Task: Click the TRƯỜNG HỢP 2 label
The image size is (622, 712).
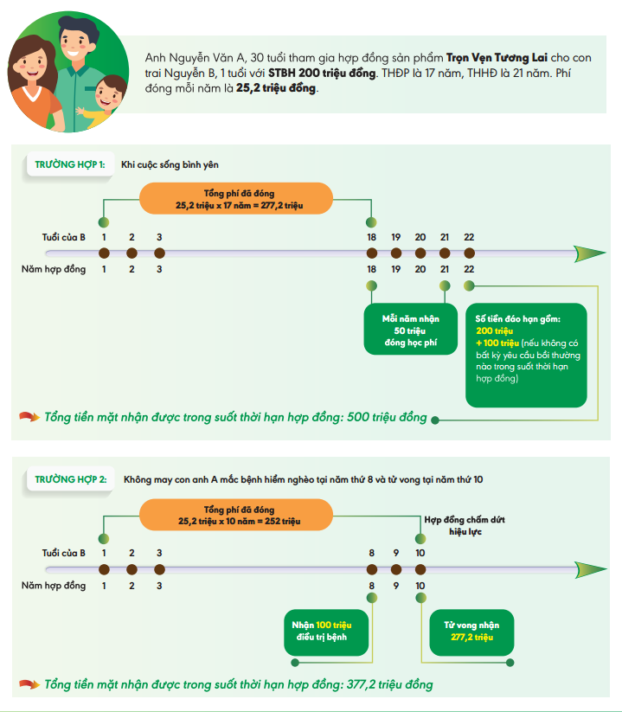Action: pos(71,478)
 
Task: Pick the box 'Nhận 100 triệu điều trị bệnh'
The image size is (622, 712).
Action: pos(328,631)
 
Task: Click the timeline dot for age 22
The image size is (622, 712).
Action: pos(469,253)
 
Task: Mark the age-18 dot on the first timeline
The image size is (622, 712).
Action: pos(371,253)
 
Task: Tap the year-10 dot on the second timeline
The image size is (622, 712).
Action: pos(420,569)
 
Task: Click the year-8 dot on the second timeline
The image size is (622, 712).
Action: pos(371,569)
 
